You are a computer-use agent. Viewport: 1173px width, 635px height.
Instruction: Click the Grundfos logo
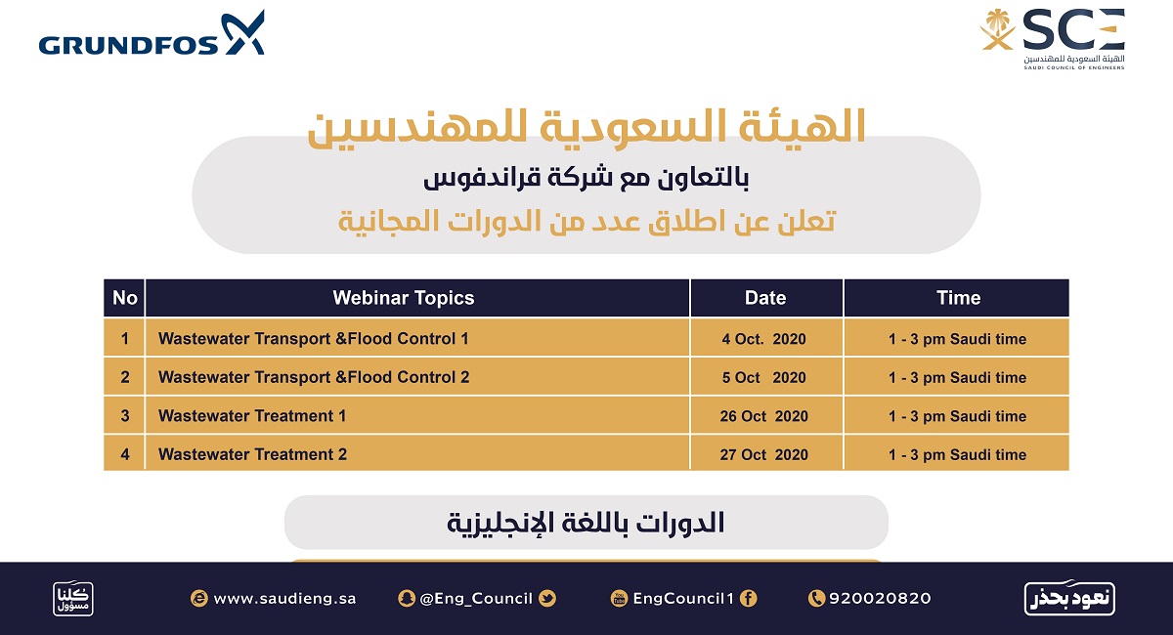click(152, 33)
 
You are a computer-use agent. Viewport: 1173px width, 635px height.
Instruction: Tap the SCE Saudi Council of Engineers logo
click(1053, 39)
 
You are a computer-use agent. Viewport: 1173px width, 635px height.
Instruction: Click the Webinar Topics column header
click(403, 298)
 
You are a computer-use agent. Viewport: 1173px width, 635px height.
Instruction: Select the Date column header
click(765, 298)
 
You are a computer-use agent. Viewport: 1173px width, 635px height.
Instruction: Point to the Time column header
click(958, 298)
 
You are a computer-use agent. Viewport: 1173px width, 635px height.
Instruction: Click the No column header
click(125, 298)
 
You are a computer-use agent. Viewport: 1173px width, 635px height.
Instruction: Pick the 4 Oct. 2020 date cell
click(765, 338)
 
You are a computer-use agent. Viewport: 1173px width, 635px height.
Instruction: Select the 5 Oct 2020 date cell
click(765, 377)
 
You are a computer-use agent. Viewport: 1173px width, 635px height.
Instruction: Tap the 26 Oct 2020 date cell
click(765, 415)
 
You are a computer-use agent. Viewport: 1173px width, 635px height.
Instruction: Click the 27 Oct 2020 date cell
click(765, 454)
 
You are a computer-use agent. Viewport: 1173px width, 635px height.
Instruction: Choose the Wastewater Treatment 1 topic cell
click(416, 415)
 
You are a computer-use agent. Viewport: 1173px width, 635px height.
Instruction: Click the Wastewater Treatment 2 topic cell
click(416, 454)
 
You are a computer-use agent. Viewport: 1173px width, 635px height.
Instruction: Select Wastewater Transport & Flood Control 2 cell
click(416, 377)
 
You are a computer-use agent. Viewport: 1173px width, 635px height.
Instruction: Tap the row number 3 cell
click(125, 415)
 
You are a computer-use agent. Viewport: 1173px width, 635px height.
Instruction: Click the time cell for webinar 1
click(958, 338)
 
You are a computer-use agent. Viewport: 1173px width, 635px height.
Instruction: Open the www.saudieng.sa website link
click(284, 598)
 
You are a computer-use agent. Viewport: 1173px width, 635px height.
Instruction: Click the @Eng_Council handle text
click(476, 598)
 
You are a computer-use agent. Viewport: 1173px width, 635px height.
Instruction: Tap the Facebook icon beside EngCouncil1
click(749, 598)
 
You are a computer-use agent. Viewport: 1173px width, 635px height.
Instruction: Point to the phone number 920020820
click(880, 598)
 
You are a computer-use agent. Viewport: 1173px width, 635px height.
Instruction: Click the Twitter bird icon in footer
click(547, 598)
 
